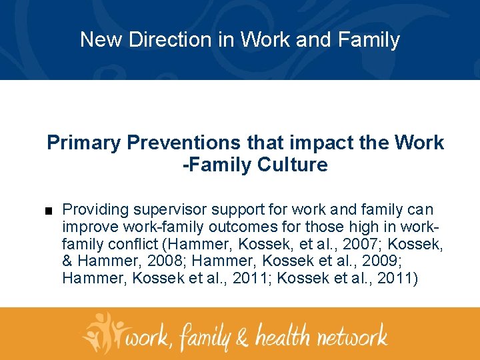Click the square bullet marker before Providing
point(50,210)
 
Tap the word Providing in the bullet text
point(95,209)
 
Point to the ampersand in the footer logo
point(242,335)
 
